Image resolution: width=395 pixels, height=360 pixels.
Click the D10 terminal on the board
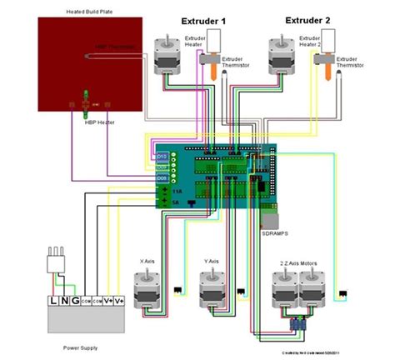(162, 154)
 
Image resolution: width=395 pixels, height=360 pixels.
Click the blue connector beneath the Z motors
(297, 323)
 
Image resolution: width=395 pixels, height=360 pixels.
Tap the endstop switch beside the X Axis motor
(177, 292)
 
